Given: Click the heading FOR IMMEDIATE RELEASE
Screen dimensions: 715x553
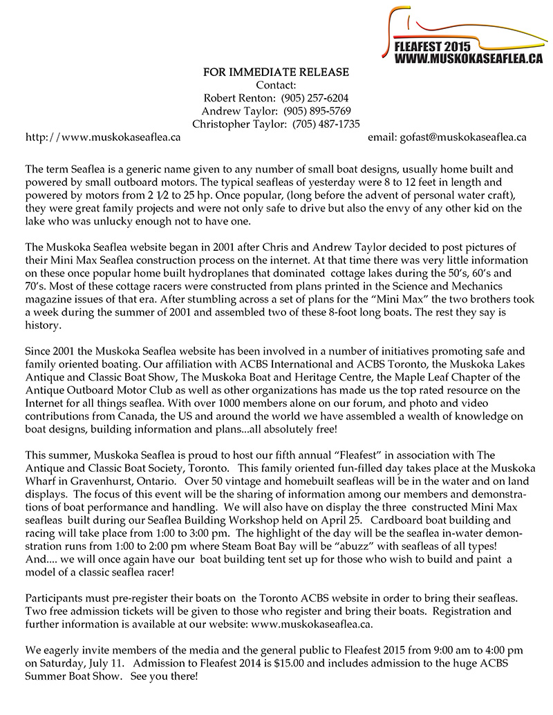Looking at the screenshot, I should click(276, 73).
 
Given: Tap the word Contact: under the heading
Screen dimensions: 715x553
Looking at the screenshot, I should click(276, 86).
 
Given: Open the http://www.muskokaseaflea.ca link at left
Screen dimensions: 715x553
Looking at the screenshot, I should click(103, 137).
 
